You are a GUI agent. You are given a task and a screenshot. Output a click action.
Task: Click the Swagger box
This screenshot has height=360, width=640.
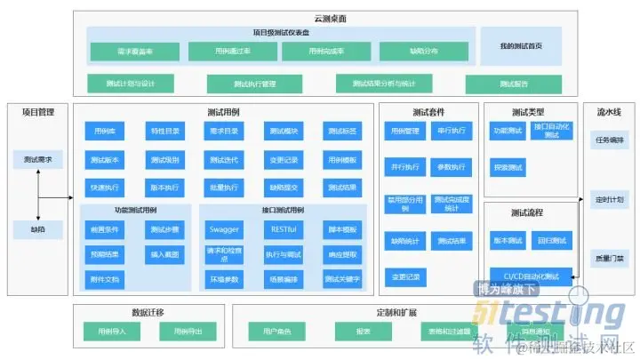point(223,228)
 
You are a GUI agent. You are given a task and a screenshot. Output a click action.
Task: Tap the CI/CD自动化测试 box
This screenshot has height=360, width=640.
point(532,276)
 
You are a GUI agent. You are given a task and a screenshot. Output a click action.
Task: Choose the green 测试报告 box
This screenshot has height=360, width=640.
point(513,84)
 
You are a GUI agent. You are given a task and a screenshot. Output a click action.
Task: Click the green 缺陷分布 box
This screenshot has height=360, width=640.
point(411,52)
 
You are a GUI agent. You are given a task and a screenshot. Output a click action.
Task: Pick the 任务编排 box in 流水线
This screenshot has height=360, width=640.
point(609,140)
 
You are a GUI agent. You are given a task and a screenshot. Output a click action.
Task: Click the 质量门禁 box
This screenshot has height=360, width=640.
point(609,260)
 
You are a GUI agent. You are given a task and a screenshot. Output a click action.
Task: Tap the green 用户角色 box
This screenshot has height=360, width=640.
point(276,331)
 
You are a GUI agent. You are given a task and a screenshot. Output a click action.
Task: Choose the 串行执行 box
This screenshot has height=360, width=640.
point(451,132)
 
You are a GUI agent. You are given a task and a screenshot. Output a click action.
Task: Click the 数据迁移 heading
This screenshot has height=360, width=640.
point(147,313)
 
